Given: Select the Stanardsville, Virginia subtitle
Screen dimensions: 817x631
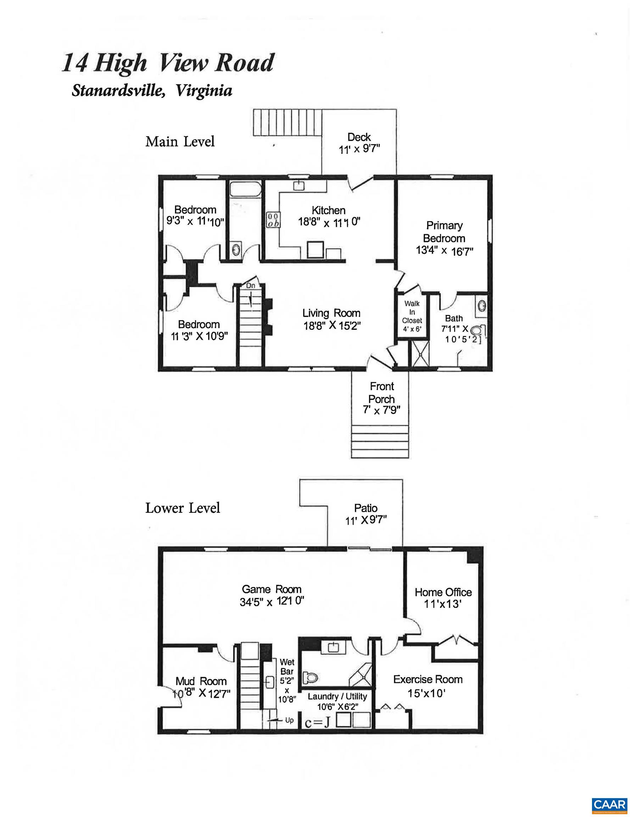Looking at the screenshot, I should pyautogui.click(x=152, y=90).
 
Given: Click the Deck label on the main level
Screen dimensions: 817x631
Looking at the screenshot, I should pyautogui.click(x=359, y=137).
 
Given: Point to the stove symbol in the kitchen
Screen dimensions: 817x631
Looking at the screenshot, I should pyautogui.click(x=273, y=219).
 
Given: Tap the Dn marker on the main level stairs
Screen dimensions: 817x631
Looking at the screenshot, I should pyautogui.click(x=250, y=285).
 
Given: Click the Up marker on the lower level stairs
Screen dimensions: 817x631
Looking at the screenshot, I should pyautogui.click(x=289, y=720).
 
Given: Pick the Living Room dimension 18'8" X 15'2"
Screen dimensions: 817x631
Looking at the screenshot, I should pyautogui.click(x=332, y=326).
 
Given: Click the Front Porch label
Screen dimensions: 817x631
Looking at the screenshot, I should pyautogui.click(x=381, y=393).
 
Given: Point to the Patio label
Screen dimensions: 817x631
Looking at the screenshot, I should pyautogui.click(x=365, y=508).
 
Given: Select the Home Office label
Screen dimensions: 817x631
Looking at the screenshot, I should pyautogui.click(x=443, y=592).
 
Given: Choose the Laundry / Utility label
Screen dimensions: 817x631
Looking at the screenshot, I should pyautogui.click(x=337, y=696).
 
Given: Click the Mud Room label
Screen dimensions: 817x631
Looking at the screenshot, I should pyautogui.click(x=201, y=681).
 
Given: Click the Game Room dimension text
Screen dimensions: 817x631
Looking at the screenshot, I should pyautogui.click(x=272, y=602).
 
